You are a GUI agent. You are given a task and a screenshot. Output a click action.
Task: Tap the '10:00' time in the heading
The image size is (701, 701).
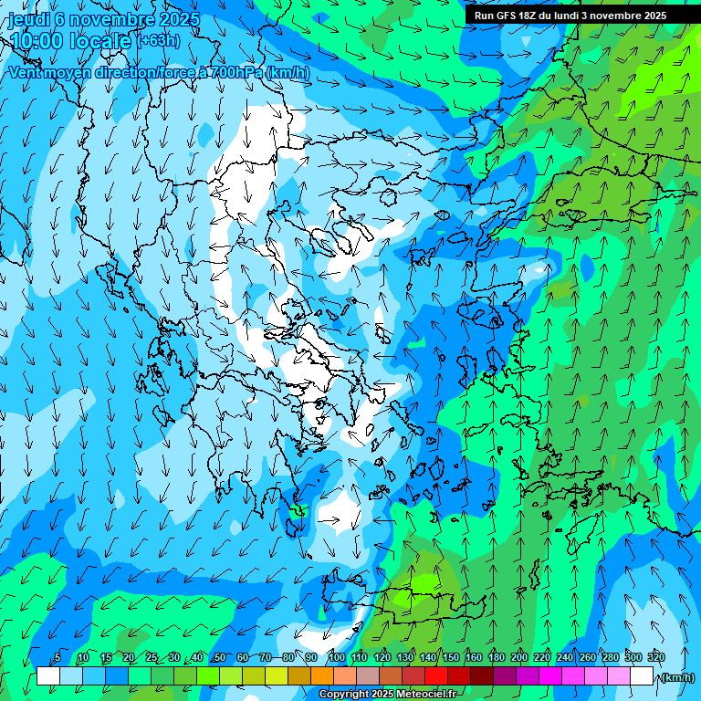point(36,40)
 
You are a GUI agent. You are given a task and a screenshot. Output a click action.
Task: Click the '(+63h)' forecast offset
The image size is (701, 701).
point(159,40)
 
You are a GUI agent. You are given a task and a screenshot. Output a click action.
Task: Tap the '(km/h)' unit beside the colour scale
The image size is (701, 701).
point(676,677)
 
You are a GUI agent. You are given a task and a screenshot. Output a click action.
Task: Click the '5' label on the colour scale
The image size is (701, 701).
point(58,657)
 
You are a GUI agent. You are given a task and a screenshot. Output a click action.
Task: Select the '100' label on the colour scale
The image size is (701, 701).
point(336,657)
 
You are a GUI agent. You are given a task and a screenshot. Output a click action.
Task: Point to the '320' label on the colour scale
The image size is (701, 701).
point(656,657)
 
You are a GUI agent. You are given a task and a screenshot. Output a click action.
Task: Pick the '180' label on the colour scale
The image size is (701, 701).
point(496,657)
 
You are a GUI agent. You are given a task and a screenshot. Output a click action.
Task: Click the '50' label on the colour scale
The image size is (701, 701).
point(219,657)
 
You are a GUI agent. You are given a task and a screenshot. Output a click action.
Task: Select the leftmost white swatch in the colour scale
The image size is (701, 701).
point(47,676)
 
